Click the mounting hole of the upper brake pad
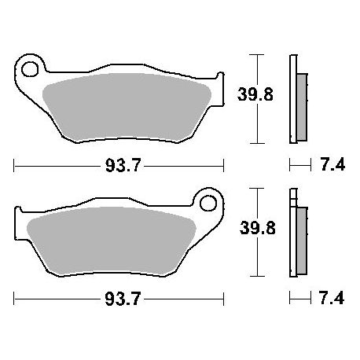30,69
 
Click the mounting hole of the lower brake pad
208,203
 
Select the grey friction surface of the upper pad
127,107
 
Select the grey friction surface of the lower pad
112,241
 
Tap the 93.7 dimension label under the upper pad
123,166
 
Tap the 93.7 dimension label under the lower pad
123,299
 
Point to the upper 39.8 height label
255,94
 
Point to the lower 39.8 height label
258,228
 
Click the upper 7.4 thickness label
332,165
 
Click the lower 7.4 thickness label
332,299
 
